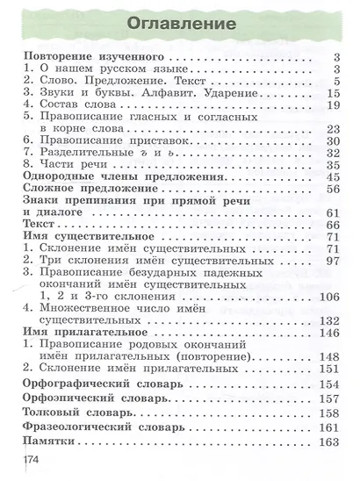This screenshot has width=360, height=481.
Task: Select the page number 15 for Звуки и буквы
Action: pos(331,92)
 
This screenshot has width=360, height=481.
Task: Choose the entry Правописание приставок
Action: pos(102,139)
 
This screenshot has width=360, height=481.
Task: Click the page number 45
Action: pos(331,175)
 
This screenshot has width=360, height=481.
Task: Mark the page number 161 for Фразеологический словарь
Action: pos(328,427)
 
